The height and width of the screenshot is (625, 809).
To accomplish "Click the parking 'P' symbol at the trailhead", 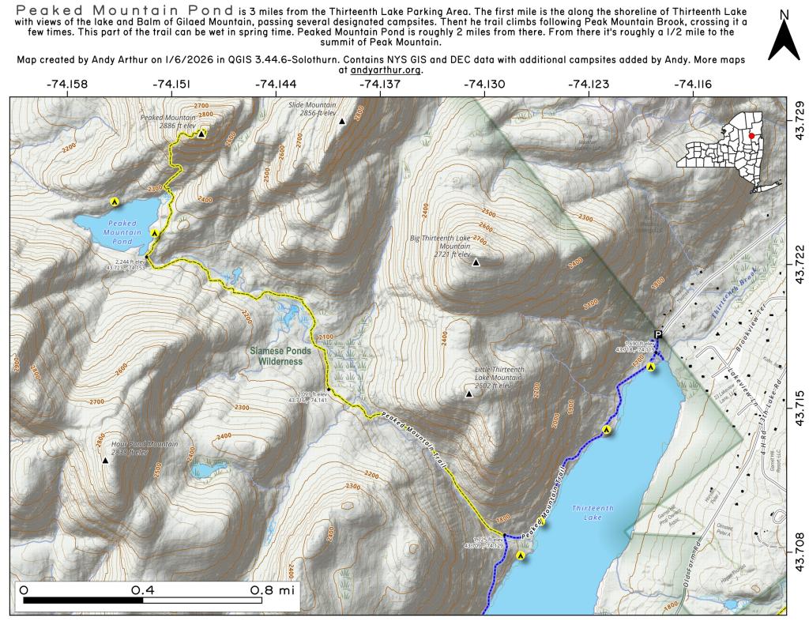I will [658, 335].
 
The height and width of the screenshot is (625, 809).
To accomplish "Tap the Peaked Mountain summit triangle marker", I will [201, 134].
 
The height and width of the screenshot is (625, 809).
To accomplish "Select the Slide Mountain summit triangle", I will [342, 122].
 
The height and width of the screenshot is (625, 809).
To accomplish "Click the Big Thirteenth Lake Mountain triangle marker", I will [476, 262].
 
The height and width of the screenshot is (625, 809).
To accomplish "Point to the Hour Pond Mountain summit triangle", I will [105, 459].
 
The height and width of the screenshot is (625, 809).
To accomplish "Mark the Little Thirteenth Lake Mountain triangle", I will [468, 393].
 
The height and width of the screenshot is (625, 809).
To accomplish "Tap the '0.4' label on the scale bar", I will [143, 589].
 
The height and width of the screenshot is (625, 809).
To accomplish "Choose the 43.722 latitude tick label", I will [800, 267].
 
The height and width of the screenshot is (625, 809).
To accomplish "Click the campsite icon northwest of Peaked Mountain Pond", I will [115, 202].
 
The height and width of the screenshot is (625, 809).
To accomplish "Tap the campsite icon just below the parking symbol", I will [651, 367].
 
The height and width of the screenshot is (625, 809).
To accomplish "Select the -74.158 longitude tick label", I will [68, 84].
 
